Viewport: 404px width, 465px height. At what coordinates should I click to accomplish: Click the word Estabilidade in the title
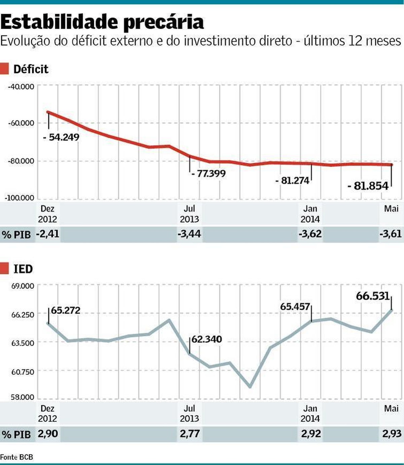tap(60, 22)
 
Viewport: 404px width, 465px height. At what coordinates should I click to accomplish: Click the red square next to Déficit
tap(4, 69)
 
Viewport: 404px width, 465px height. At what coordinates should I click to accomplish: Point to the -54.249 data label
tap(61, 137)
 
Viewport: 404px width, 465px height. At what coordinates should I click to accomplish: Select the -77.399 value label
tap(208, 174)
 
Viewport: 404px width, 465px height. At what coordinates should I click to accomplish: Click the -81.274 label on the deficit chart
tap(292, 181)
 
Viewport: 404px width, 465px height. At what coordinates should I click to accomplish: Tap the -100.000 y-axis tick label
tap(20, 198)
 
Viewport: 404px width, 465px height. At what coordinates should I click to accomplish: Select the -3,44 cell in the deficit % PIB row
tap(189, 234)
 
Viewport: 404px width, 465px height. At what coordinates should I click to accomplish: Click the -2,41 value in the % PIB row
tap(47, 234)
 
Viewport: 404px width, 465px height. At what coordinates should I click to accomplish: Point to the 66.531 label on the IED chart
tap(373, 296)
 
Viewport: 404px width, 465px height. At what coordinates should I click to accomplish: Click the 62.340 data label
tap(207, 339)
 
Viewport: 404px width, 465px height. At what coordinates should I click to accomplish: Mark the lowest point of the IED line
tap(250, 387)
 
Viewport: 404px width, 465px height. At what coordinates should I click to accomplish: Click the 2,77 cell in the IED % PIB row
tap(190, 434)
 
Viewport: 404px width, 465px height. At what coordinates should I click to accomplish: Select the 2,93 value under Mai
tap(392, 434)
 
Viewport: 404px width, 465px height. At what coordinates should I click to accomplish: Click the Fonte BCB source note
tap(16, 457)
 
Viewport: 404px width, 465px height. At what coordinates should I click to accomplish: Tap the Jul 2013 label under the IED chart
tap(189, 413)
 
